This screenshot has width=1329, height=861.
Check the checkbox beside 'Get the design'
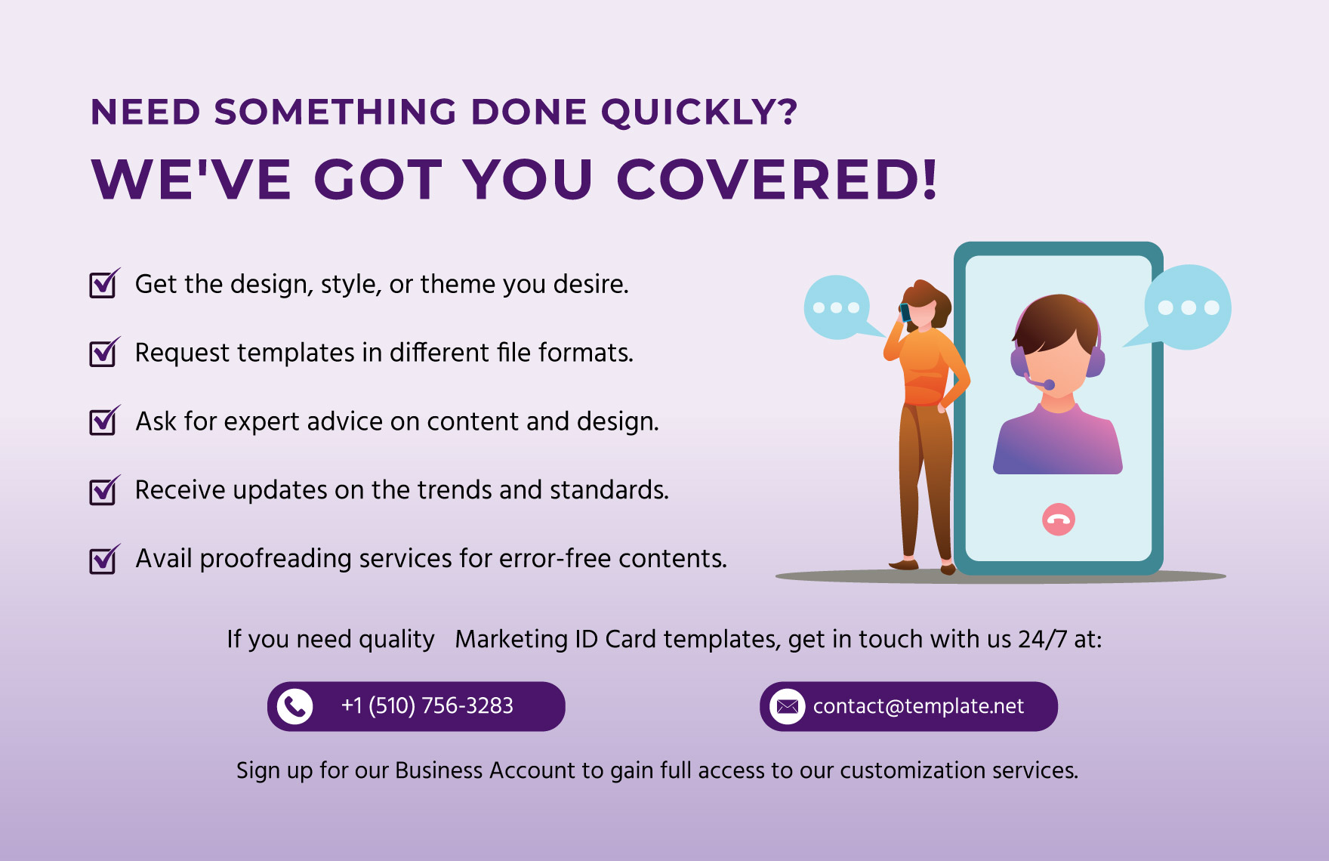[104, 284]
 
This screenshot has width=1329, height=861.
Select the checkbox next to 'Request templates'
[104, 353]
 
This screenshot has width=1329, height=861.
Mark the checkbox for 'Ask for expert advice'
[104, 421]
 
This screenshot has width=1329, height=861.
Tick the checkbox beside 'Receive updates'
[104, 490]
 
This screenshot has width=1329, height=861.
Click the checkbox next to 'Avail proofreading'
[104, 559]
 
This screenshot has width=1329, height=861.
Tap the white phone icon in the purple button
[295, 706]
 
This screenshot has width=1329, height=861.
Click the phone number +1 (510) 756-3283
[427, 705]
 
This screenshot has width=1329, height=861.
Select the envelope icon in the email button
[788, 706]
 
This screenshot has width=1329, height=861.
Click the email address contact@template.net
[918, 706]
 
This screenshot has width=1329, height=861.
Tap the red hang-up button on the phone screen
[1059, 520]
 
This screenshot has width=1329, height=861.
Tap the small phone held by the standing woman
[905, 312]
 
